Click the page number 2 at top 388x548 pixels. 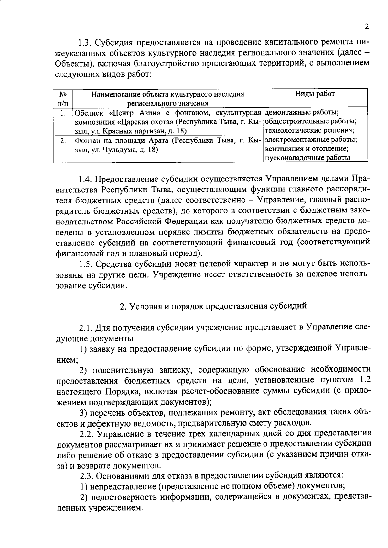367,27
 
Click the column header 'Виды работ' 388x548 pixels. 315,94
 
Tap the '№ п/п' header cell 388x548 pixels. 63,98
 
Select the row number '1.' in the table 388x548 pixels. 63,113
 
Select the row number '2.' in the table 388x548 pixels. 63,140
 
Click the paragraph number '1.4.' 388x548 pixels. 86,179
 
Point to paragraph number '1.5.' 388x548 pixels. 86,264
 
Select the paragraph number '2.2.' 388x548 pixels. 87,433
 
